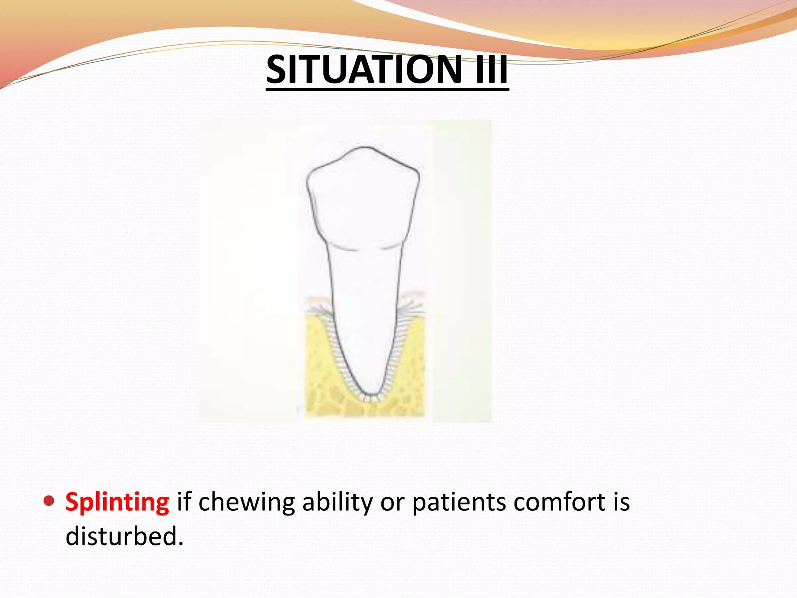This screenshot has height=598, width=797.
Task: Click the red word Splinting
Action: coord(117,502)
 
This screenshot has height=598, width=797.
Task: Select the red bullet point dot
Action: coord(49,501)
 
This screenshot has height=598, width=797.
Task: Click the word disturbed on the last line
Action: coord(124,536)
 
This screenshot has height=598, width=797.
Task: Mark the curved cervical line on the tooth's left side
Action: coord(342,248)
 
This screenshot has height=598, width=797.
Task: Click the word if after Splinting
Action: coord(184,502)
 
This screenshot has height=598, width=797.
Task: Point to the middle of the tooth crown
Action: coord(363,199)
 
